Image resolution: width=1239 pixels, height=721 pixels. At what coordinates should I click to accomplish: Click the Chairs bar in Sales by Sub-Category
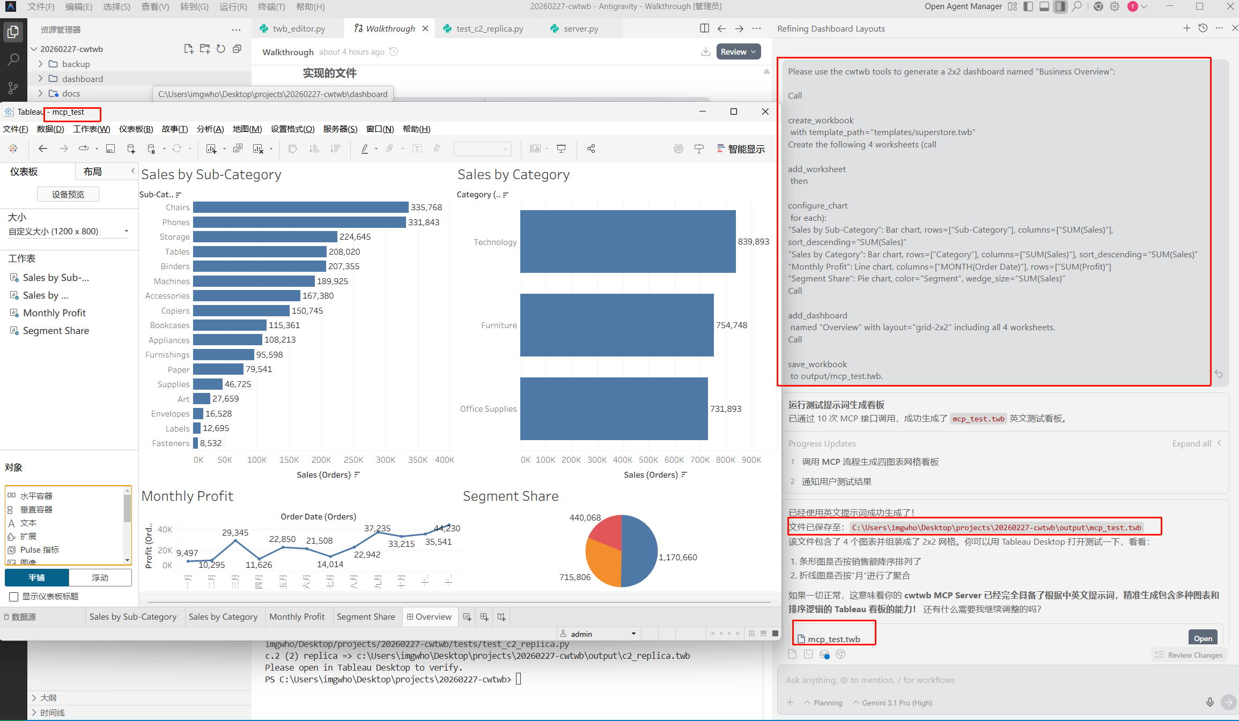tap(300, 207)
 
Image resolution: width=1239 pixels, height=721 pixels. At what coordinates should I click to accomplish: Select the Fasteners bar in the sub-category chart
tap(196, 443)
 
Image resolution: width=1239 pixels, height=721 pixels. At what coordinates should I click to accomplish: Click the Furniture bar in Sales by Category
tap(617, 325)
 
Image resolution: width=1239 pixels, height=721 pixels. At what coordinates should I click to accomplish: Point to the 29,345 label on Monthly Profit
tap(235, 533)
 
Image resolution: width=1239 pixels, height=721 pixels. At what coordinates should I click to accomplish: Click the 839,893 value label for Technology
tap(753, 242)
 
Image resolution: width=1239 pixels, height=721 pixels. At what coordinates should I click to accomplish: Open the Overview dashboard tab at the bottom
tap(429, 617)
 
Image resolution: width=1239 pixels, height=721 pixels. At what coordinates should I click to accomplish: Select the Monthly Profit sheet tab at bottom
tap(297, 617)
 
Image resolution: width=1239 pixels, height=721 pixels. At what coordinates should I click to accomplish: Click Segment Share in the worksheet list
tap(56, 331)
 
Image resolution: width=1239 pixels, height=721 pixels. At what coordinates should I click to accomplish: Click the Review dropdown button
tap(738, 52)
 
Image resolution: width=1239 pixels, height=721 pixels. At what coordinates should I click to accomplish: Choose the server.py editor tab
tap(580, 29)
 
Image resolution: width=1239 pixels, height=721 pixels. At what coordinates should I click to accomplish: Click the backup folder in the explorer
tap(76, 64)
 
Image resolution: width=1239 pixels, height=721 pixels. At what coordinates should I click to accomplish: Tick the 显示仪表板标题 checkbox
tap(14, 597)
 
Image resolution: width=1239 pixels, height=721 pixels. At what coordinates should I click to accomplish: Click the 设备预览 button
tap(68, 195)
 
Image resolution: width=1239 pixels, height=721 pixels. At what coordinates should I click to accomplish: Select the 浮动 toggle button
tap(100, 578)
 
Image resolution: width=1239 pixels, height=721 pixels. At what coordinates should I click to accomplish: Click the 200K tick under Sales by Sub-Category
tap(321, 460)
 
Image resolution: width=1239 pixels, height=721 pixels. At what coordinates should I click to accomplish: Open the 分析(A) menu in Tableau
tap(210, 129)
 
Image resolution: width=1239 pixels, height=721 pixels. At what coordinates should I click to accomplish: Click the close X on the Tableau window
tap(765, 112)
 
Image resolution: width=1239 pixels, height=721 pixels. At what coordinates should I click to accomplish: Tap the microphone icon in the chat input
tap(1209, 702)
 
